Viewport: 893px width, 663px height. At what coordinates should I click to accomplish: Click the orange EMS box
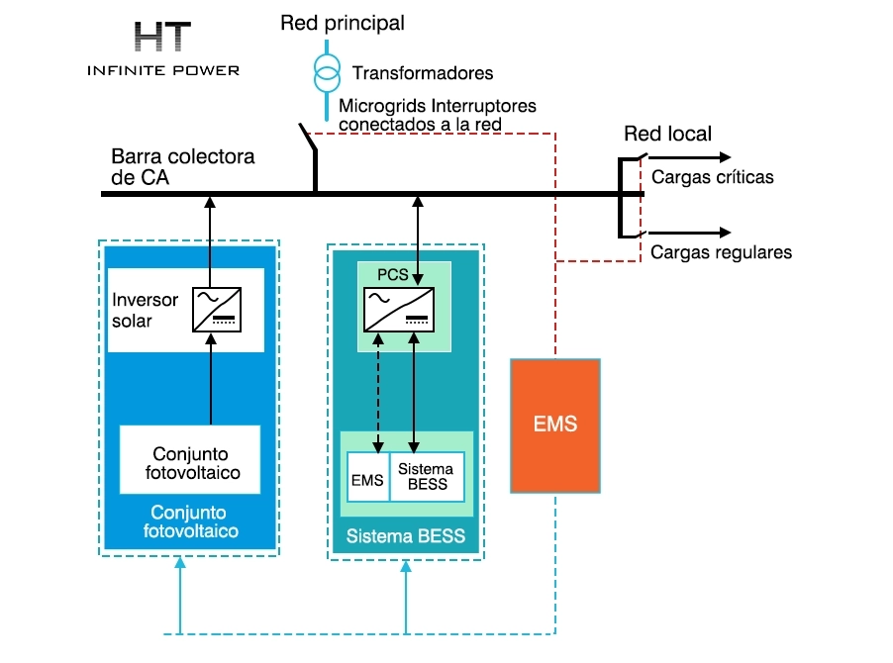[555, 426]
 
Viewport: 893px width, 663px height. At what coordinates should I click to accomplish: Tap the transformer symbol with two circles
[327, 73]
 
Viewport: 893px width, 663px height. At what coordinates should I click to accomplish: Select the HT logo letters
[163, 37]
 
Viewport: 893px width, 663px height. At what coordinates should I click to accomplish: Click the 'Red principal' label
[343, 24]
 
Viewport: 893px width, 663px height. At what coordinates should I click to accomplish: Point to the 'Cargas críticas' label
[713, 177]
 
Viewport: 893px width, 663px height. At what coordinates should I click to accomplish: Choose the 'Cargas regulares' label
[721, 252]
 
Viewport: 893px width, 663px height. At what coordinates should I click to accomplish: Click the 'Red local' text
[667, 134]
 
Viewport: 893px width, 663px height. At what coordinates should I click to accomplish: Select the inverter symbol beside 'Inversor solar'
[217, 310]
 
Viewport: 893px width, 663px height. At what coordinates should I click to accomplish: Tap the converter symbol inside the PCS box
[399, 310]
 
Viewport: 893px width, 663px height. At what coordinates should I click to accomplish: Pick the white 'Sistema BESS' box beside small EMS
[427, 477]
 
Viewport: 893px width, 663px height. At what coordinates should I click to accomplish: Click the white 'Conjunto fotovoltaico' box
[190, 459]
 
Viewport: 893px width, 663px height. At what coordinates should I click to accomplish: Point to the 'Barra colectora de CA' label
[183, 167]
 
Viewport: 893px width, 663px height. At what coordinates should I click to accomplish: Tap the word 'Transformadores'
[423, 73]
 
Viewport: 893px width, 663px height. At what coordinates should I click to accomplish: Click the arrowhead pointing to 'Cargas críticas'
[725, 157]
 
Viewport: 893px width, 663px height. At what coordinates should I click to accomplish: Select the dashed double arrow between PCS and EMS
[378, 393]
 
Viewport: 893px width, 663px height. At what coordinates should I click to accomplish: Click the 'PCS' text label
[393, 275]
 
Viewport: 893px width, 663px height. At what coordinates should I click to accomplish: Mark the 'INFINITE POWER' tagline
[163, 70]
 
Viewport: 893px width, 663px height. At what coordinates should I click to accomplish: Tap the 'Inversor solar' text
[146, 310]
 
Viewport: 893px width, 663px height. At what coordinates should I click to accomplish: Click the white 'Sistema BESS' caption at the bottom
[406, 536]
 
